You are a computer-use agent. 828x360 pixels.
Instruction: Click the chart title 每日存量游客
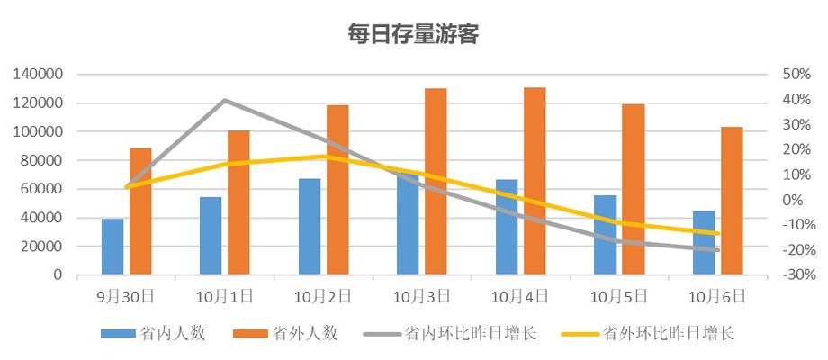coord(413,35)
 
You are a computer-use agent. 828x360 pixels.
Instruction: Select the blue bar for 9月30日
coord(112,246)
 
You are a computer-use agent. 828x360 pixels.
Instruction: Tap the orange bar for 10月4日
coord(535,181)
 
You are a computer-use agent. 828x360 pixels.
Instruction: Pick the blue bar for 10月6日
coord(704,242)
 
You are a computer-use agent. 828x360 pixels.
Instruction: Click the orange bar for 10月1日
coord(238,202)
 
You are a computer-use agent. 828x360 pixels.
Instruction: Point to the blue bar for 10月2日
coord(310,226)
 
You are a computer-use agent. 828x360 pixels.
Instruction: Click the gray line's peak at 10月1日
coord(224,100)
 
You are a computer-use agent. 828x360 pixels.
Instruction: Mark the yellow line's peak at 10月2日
coord(323,157)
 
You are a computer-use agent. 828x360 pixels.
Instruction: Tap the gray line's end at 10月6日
coord(717,250)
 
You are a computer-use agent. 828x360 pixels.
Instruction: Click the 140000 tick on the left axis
coord(38,75)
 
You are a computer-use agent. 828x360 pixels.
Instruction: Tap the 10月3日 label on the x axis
coord(422,294)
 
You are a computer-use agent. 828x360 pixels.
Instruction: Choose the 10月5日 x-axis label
coord(619,294)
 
